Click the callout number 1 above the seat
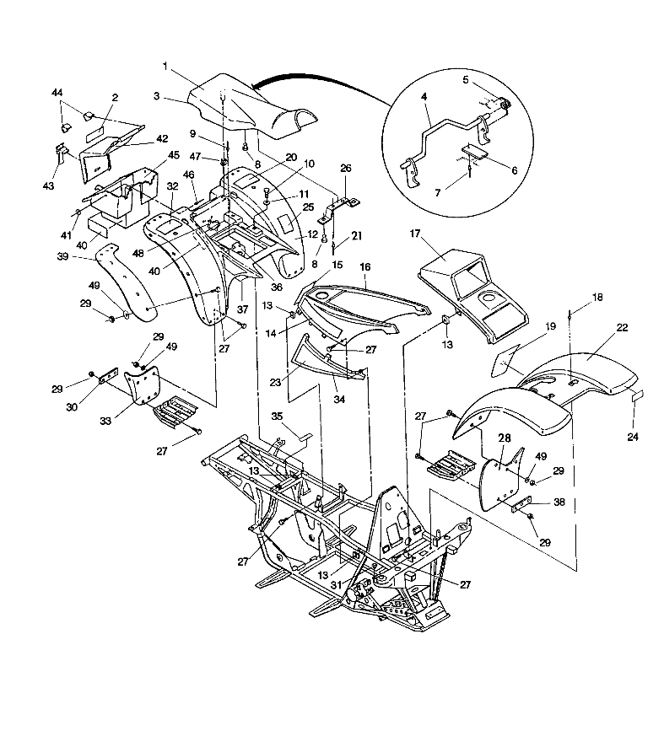point(165,65)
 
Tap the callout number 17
point(414,233)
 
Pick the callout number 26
point(345,168)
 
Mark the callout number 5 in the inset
point(465,80)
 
